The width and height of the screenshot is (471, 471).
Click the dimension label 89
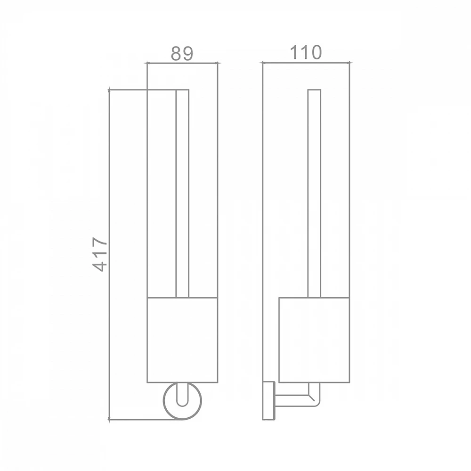pos(182,54)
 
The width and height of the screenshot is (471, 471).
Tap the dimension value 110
pos(306,52)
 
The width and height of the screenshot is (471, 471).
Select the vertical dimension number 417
pos(100,254)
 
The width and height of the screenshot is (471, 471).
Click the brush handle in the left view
pos(182,194)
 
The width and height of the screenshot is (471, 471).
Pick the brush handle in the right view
pos(314,194)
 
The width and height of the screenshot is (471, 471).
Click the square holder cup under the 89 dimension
pos(182,340)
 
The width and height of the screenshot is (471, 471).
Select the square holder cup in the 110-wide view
pos(314,340)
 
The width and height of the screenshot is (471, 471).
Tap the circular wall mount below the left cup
pos(182,419)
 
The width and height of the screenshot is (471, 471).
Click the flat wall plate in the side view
pos(269,401)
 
